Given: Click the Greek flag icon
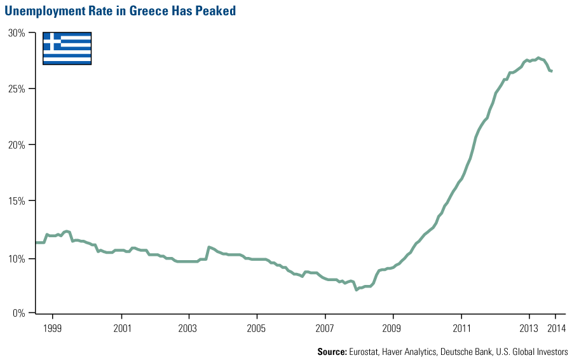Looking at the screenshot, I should (67, 48).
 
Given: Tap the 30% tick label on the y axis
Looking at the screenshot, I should (16, 32).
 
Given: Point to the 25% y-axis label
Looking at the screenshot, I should (16, 88).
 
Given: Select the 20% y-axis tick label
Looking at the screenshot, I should (16, 144).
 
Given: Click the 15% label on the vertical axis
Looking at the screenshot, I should (16, 201).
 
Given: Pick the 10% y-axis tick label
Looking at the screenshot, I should (16, 258).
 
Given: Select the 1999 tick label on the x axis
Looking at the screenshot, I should (53, 328).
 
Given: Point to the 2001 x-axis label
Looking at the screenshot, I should (121, 328).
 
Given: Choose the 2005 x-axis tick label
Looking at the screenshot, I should (257, 328).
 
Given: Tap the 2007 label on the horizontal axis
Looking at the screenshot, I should (325, 328).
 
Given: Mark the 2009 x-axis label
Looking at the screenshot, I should (393, 328).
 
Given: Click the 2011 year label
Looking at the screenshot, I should (461, 328).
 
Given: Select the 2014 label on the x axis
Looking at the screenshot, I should (556, 328).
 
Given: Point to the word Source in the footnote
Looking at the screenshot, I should (332, 352).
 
